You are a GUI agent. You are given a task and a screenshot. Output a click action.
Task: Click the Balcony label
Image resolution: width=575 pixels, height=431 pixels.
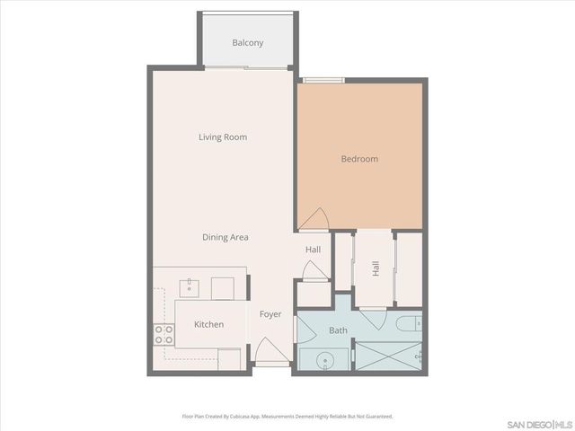coord(247,42)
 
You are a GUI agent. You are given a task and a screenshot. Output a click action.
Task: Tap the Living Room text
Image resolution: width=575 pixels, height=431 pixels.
coord(223,137)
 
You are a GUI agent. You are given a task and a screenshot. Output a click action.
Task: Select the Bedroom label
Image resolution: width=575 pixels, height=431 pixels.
coord(359,159)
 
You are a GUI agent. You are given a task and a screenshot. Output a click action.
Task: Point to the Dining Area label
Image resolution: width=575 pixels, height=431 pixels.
coord(225,237)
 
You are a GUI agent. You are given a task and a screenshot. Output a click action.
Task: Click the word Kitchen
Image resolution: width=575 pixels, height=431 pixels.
coord(208,324)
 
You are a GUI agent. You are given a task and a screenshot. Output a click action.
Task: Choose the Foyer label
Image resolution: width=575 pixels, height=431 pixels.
coord(270,314)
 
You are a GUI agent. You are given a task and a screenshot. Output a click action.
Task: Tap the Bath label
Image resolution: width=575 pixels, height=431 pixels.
coord(338,330)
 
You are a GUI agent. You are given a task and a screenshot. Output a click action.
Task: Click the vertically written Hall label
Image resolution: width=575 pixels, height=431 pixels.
coord(376,268)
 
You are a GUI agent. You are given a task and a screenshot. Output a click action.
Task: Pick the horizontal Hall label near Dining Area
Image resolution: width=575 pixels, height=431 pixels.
coord(313,250)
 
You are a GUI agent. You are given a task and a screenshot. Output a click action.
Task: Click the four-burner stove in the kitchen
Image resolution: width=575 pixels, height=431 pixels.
coord(164,335)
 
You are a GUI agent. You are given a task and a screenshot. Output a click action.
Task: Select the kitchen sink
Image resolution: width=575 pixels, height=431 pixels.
coord(190,287)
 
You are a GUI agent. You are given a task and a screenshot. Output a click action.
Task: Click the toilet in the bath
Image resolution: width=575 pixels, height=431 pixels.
coord(405,323)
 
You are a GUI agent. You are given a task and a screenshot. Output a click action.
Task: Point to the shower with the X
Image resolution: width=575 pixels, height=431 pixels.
coord(387,356)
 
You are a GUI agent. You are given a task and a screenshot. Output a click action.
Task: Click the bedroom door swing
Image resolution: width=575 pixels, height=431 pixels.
coord(314,219)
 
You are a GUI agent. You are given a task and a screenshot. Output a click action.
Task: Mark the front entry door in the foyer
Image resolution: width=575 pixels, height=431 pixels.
coord(271,353)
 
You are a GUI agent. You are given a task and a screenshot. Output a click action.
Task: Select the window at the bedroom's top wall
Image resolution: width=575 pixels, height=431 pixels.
coord(323,81)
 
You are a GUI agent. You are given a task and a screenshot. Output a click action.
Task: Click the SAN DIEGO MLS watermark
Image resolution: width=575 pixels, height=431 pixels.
coord(538,423)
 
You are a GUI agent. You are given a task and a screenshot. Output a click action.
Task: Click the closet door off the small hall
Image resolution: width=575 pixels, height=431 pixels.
coord(313,270)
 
